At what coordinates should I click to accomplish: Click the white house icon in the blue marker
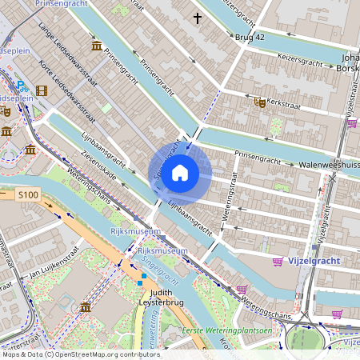point(180,172)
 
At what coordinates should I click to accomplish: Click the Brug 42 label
point(248,38)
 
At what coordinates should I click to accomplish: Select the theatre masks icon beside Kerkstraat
point(259,102)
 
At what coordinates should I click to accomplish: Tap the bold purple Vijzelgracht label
point(314,261)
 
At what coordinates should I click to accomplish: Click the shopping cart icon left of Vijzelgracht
point(278,262)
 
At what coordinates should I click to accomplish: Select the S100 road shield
point(28,194)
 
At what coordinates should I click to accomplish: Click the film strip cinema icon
point(42,90)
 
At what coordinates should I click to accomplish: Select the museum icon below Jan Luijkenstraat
point(85,307)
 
